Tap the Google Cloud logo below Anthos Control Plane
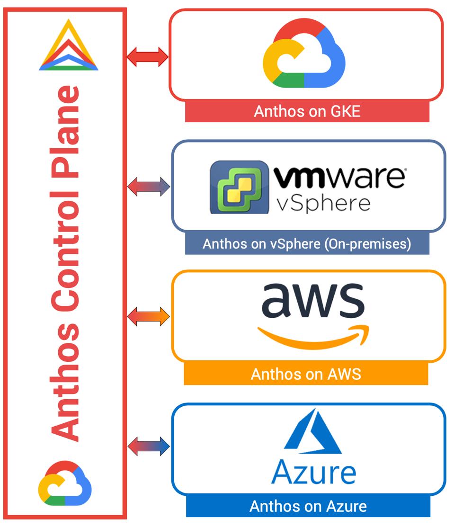pyautogui.click(x=65, y=483)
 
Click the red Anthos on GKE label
pyautogui.click(x=307, y=112)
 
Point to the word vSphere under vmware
pyautogui.click(x=322, y=202)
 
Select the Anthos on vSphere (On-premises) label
pyautogui.click(x=307, y=244)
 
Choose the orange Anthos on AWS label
pyautogui.click(x=306, y=374)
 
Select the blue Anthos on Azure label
pyautogui.click(x=308, y=506)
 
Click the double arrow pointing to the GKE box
pyautogui.click(x=147, y=57)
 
